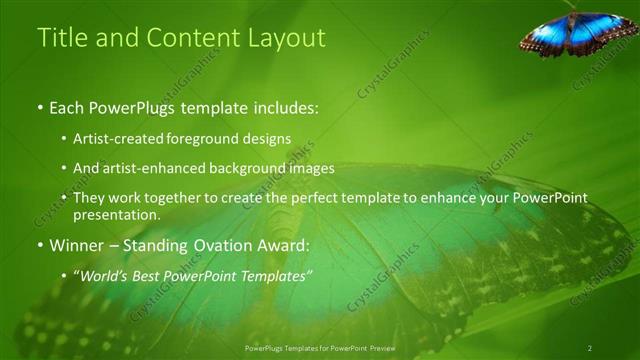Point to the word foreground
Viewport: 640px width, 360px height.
click(213, 138)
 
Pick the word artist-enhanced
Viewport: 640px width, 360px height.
click(155, 168)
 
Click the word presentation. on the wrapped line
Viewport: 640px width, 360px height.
click(116, 214)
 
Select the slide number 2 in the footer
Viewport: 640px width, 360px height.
click(590, 348)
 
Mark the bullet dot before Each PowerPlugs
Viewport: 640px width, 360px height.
click(40, 107)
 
